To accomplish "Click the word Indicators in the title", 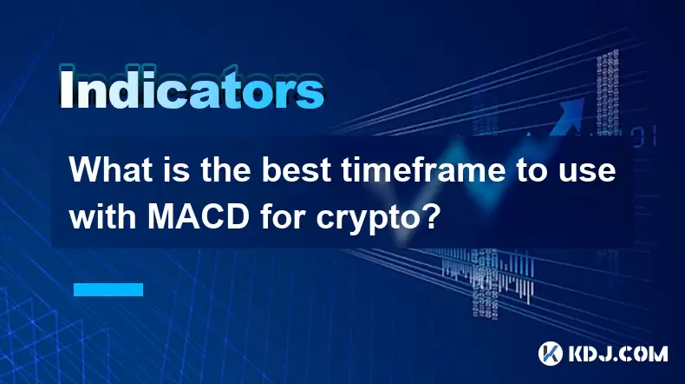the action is coord(192,88).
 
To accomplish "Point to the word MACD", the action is coord(199,216).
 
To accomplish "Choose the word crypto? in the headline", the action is coord(376,219).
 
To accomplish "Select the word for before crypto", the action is coord(283,216).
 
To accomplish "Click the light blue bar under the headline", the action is coord(108,289).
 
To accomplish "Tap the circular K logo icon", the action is coord(551,354).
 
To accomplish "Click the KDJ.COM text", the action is coord(618,354).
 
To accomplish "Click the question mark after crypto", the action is coord(430,216).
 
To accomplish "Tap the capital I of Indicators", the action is coord(67,88).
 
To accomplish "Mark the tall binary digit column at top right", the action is coord(608,92).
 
